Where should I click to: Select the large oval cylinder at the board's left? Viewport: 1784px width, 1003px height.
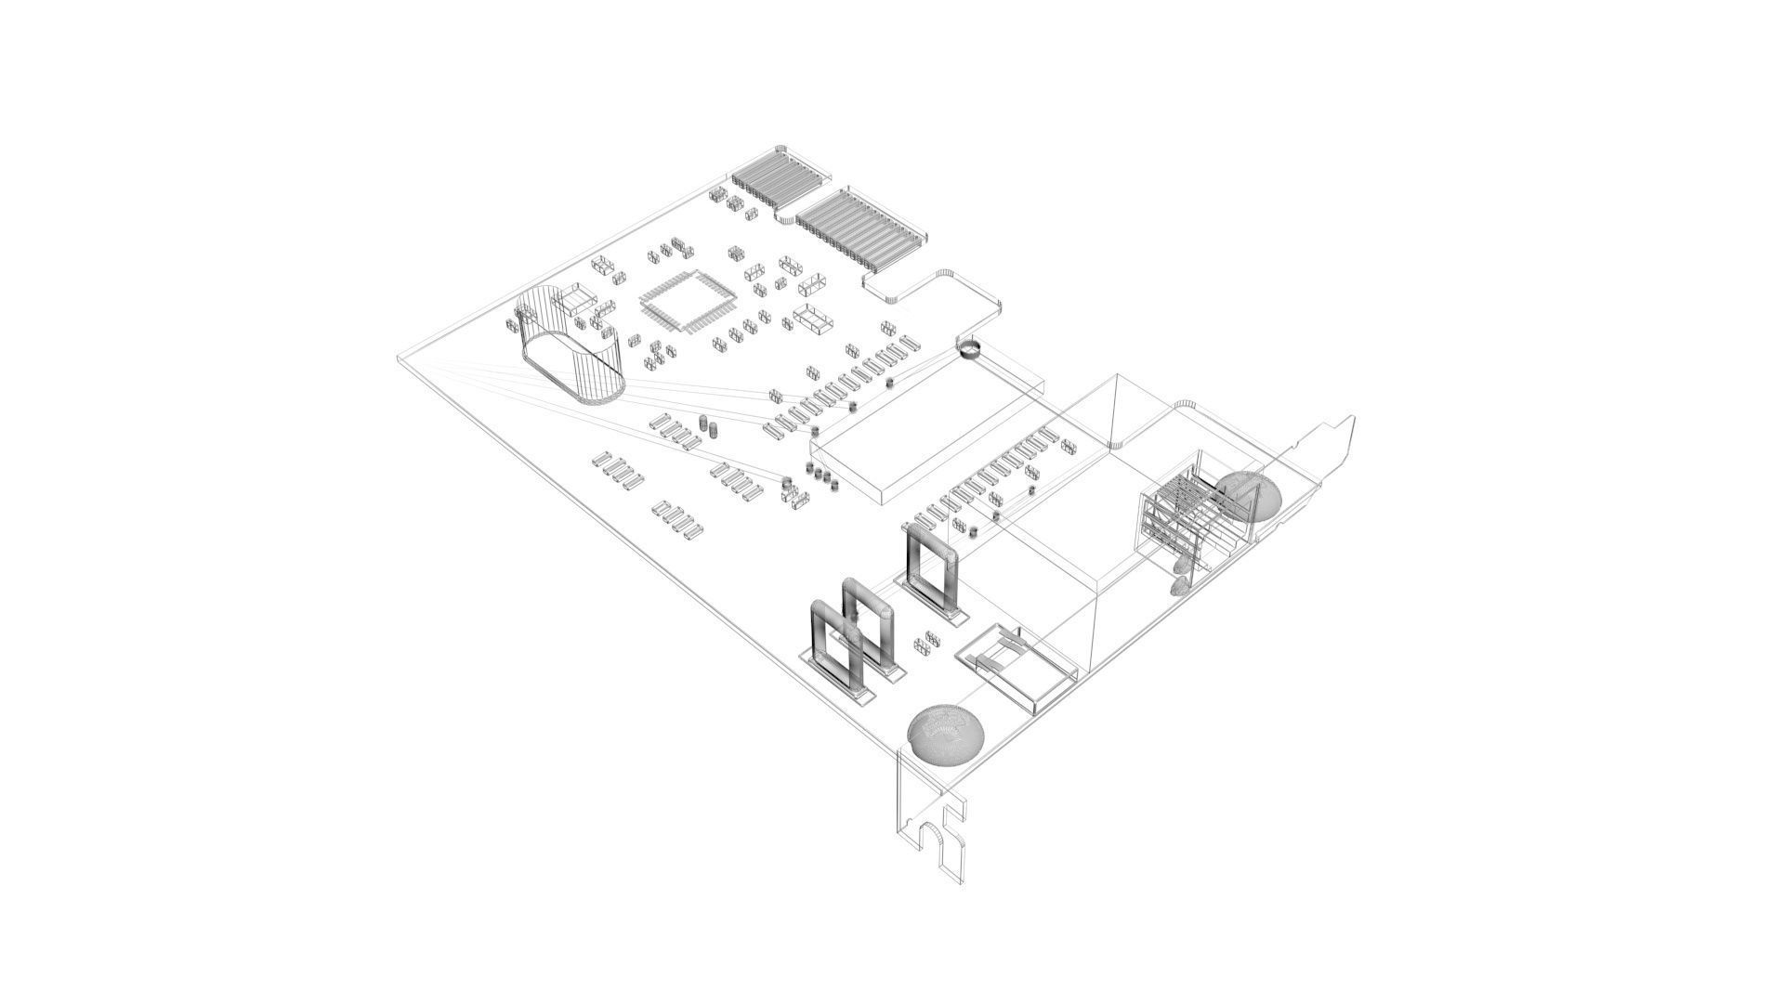[569, 346]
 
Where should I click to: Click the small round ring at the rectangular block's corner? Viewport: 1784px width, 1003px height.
[969, 349]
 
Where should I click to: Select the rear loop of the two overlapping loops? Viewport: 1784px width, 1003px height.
[221, 622]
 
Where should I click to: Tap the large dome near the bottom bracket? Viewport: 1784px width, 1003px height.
[945, 735]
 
